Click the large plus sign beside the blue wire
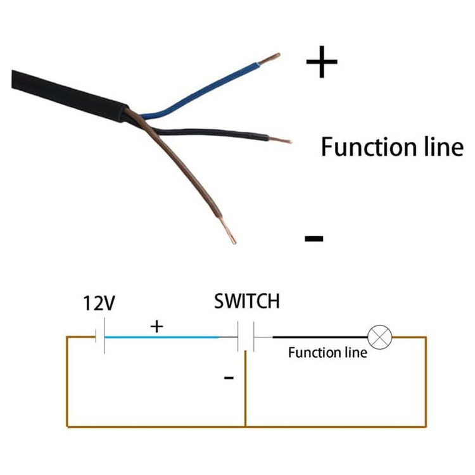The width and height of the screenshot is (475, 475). tap(322, 62)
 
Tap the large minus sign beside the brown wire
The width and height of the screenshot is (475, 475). tap(314, 238)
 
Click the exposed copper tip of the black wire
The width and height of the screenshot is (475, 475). tap(280, 140)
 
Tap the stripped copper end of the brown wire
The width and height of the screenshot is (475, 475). tap(227, 231)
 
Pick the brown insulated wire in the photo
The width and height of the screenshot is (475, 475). tap(178, 163)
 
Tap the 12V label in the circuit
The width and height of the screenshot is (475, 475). tap(99, 303)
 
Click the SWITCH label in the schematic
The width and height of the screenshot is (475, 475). tap(247, 301)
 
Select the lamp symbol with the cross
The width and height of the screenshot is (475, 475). tap(379, 337)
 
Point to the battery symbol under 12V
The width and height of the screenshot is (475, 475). tap(100, 336)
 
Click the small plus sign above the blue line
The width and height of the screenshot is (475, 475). tap(156, 327)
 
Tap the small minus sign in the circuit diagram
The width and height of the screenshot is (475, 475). tap(229, 377)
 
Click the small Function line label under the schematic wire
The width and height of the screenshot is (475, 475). tap(327, 353)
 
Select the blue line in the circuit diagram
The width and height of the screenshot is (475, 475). tap(161, 337)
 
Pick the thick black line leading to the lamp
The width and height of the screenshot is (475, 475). tap(320, 337)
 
